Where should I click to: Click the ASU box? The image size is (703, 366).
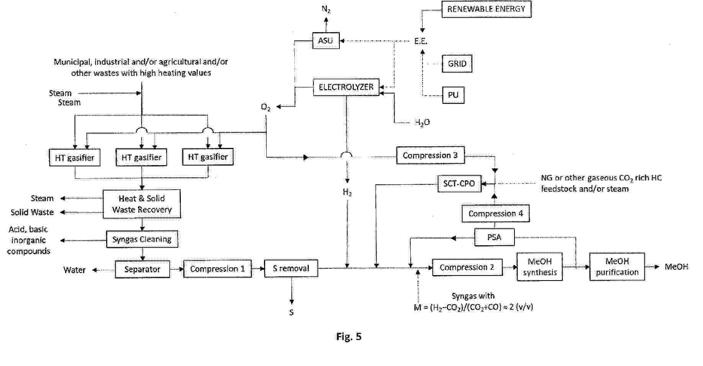326,41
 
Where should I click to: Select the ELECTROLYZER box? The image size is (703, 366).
346,87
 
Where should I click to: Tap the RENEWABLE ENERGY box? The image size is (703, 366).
486,9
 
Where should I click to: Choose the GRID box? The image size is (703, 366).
457,64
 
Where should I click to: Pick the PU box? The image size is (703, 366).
453,95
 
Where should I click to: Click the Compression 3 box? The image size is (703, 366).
430,155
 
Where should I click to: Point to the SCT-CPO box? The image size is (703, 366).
459,184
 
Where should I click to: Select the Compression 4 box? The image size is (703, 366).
495,213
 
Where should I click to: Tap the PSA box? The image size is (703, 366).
494,237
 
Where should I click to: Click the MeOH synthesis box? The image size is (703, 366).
539,267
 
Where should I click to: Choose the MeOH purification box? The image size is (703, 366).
617,267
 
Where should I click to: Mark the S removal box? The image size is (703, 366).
291,268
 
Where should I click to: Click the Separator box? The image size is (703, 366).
142,269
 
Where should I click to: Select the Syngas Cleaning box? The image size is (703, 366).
142,240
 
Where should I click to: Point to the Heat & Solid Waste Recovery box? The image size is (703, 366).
142,204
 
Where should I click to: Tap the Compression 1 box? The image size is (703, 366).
217,269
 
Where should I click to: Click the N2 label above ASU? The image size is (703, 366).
326,9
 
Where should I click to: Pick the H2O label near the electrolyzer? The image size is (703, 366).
422,122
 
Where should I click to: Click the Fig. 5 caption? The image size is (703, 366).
349,336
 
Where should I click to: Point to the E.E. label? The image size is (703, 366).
421,41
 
